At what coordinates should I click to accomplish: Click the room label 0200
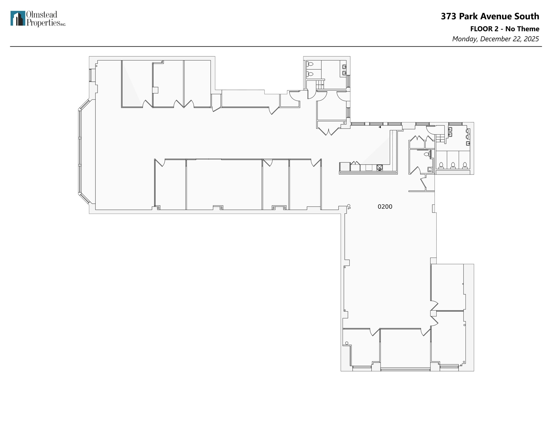click(x=385, y=207)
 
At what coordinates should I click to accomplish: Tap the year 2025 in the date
click(x=531, y=39)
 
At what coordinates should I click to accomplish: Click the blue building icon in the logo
click(x=18, y=18)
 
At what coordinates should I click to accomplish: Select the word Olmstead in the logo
click(x=42, y=15)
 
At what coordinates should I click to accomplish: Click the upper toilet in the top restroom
click(x=310, y=64)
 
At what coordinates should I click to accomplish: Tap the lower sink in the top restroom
click(x=344, y=73)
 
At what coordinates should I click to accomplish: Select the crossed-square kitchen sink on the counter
click(x=379, y=168)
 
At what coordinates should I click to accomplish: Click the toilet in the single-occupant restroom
click(x=426, y=154)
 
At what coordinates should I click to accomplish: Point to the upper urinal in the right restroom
click(x=468, y=131)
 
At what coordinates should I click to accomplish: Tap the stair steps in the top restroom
click(x=320, y=84)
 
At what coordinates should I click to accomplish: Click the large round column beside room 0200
click(x=349, y=206)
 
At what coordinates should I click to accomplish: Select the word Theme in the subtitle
click(x=530, y=29)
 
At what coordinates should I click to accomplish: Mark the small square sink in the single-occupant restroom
click(x=430, y=169)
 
